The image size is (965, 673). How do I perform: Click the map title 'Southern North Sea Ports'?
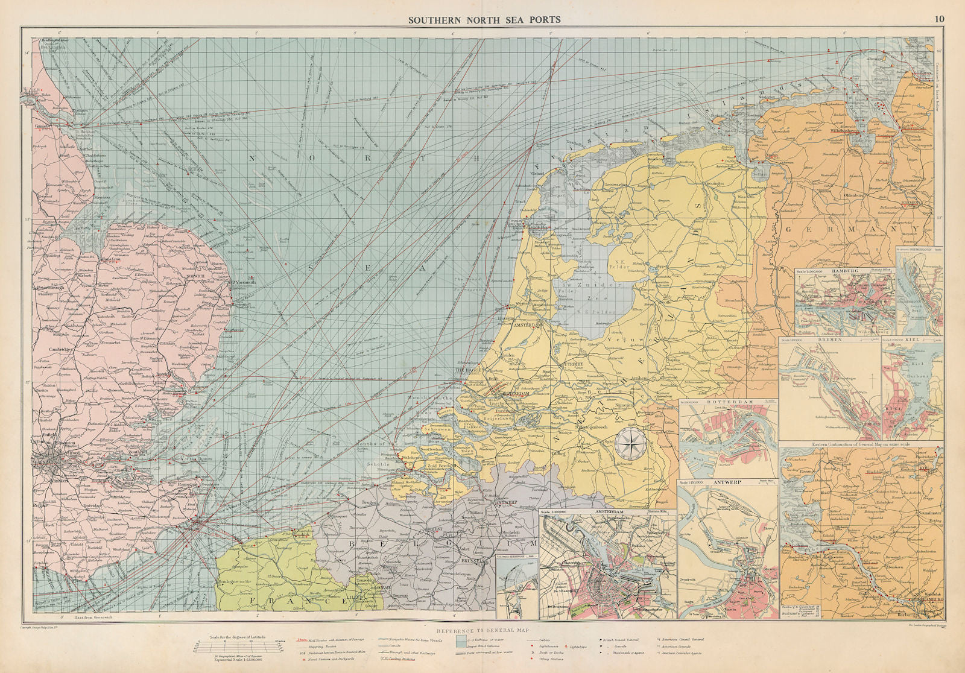(x=484, y=19)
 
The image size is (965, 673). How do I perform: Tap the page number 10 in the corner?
(x=939, y=19)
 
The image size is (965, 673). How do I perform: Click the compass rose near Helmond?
(x=631, y=444)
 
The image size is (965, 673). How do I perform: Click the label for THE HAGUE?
(x=470, y=371)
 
